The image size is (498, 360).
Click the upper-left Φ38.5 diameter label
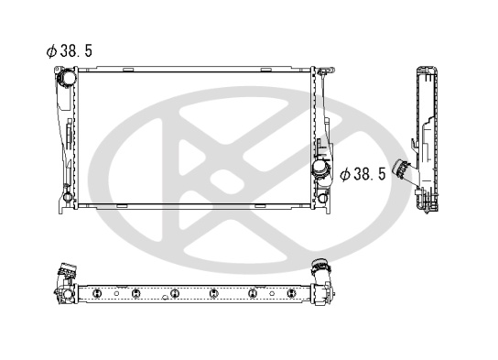70,50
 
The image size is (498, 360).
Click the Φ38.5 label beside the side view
363,174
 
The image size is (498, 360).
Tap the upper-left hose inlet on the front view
67,77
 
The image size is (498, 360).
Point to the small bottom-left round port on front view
68,197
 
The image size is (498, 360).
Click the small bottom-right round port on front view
322,198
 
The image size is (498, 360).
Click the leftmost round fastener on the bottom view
97,293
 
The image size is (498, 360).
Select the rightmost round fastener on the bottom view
291,293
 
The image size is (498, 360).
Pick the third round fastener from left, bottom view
175,293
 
